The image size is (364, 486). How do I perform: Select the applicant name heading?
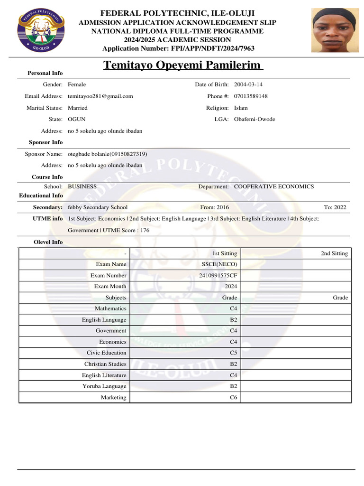click(x=183, y=65)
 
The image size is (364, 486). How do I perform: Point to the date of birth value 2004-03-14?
click(x=248, y=84)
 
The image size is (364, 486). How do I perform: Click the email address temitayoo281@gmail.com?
click(x=100, y=96)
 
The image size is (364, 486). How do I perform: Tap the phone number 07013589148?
click(x=251, y=96)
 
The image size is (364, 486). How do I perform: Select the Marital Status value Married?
click(x=78, y=108)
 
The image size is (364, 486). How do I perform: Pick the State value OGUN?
click(x=77, y=119)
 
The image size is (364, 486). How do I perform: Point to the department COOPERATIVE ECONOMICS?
click(x=274, y=187)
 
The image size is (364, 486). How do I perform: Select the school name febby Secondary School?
click(x=98, y=207)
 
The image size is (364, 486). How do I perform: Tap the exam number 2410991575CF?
click(x=218, y=275)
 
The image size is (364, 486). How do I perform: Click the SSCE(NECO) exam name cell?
click(x=219, y=264)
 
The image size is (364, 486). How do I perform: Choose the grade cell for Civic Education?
click(x=233, y=353)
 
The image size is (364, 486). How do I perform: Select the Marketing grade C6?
click(x=233, y=397)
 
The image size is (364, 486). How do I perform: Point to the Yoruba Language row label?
click(x=104, y=386)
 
